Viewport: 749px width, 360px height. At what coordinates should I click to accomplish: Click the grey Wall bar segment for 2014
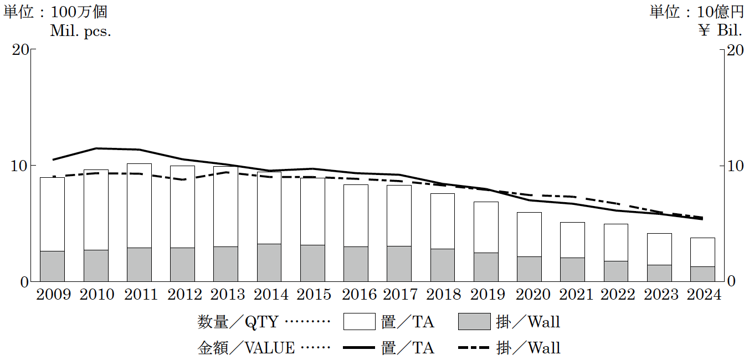(x=269, y=263)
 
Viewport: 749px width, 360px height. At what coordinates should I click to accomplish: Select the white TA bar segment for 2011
(x=139, y=205)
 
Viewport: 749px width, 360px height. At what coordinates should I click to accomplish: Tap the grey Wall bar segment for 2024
(x=702, y=274)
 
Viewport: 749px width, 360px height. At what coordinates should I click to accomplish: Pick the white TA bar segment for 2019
(x=486, y=227)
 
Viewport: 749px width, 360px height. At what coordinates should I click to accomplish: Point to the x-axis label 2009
(x=53, y=294)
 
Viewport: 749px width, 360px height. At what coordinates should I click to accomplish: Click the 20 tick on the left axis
(x=20, y=50)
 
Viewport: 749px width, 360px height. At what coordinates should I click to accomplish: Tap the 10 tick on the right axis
(x=735, y=166)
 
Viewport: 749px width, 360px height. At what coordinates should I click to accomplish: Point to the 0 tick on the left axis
(x=24, y=282)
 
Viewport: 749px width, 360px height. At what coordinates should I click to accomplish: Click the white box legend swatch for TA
(x=360, y=322)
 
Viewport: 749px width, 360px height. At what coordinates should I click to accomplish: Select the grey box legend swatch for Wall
(x=474, y=322)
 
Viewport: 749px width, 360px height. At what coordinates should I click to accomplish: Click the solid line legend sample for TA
(x=360, y=348)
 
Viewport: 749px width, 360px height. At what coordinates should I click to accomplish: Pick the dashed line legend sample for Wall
(x=474, y=348)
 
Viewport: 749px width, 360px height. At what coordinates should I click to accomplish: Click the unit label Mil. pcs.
(x=81, y=31)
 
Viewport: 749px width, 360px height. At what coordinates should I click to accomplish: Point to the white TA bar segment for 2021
(x=572, y=240)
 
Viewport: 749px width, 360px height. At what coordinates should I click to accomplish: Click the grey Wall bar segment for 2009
(x=53, y=266)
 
